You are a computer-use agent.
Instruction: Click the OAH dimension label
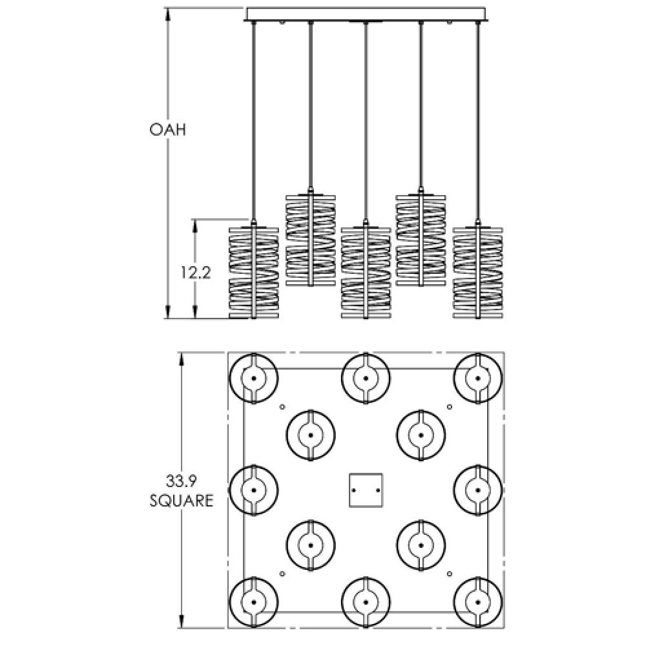(x=167, y=130)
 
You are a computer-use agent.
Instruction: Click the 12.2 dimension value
(x=195, y=272)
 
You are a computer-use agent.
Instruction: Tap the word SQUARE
(x=182, y=501)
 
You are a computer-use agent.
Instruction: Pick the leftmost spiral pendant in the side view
(x=254, y=271)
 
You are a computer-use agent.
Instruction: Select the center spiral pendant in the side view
(x=366, y=271)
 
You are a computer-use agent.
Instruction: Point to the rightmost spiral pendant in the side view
(x=478, y=271)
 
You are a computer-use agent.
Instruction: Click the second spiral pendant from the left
(x=310, y=239)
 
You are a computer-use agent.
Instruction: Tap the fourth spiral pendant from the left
(x=421, y=239)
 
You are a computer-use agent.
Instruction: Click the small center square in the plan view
(x=366, y=490)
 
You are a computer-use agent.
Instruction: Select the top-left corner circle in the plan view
(x=254, y=378)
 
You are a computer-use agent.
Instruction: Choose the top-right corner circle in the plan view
(x=478, y=378)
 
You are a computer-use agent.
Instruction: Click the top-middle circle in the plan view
(x=366, y=378)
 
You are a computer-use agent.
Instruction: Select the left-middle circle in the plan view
(x=254, y=490)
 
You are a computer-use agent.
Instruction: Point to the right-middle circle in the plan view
(x=478, y=490)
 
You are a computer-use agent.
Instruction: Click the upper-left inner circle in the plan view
(x=310, y=435)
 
